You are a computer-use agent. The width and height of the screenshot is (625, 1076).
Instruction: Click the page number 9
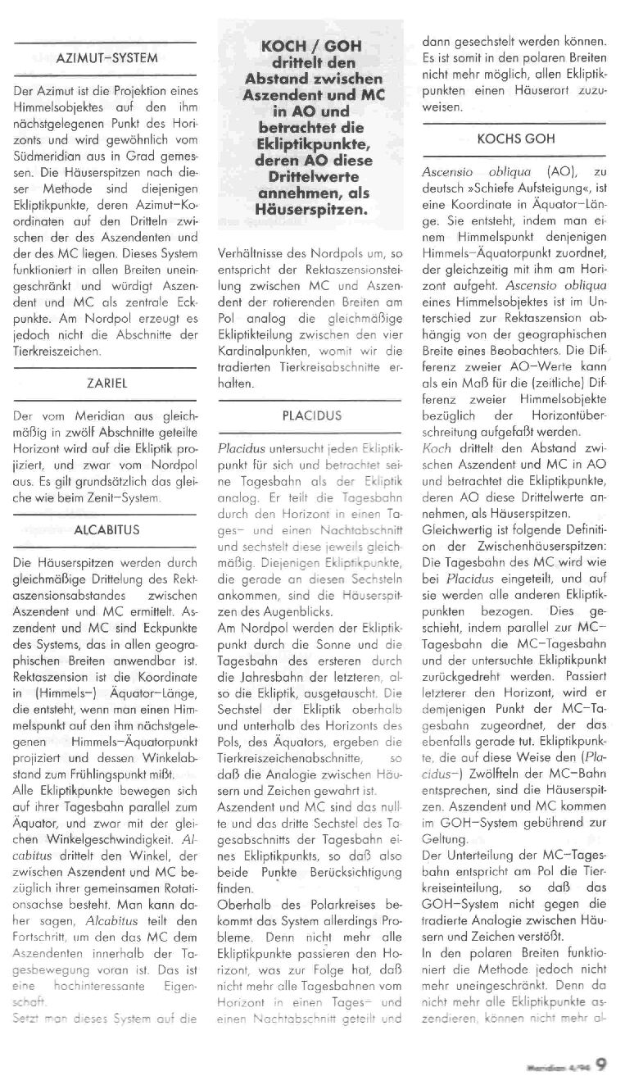tap(601, 1063)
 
